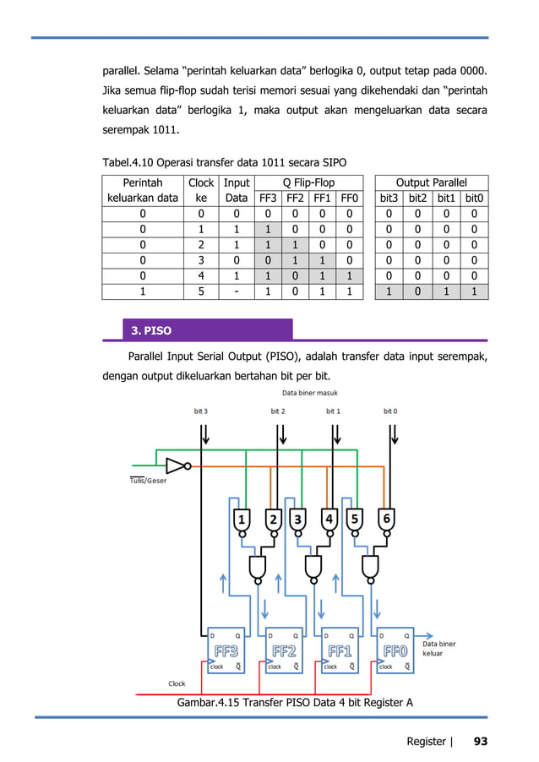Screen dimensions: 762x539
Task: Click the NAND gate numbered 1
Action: [x=242, y=520]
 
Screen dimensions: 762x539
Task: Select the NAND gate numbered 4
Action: [x=329, y=520]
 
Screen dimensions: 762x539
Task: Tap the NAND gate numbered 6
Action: [x=386, y=520]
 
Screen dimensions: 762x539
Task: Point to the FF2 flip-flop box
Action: [x=285, y=651]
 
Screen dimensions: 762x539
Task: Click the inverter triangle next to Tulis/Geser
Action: [x=175, y=465]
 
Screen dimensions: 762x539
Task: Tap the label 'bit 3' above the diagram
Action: [x=200, y=411]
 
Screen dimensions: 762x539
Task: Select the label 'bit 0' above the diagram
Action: [x=389, y=411]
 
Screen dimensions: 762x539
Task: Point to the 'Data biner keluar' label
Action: [x=438, y=648]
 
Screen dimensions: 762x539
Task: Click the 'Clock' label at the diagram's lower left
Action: [x=177, y=683]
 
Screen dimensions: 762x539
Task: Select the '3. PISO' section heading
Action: [x=149, y=330]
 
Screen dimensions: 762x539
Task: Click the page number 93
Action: [x=480, y=742]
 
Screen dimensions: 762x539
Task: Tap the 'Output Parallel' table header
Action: [x=431, y=182]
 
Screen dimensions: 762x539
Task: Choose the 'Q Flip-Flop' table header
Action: [x=308, y=182]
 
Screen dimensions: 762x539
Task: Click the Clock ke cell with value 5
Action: [x=201, y=291]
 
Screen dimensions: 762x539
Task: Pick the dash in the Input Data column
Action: [x=237, y=291]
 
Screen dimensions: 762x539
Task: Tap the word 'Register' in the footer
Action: [x=426, y=742]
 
